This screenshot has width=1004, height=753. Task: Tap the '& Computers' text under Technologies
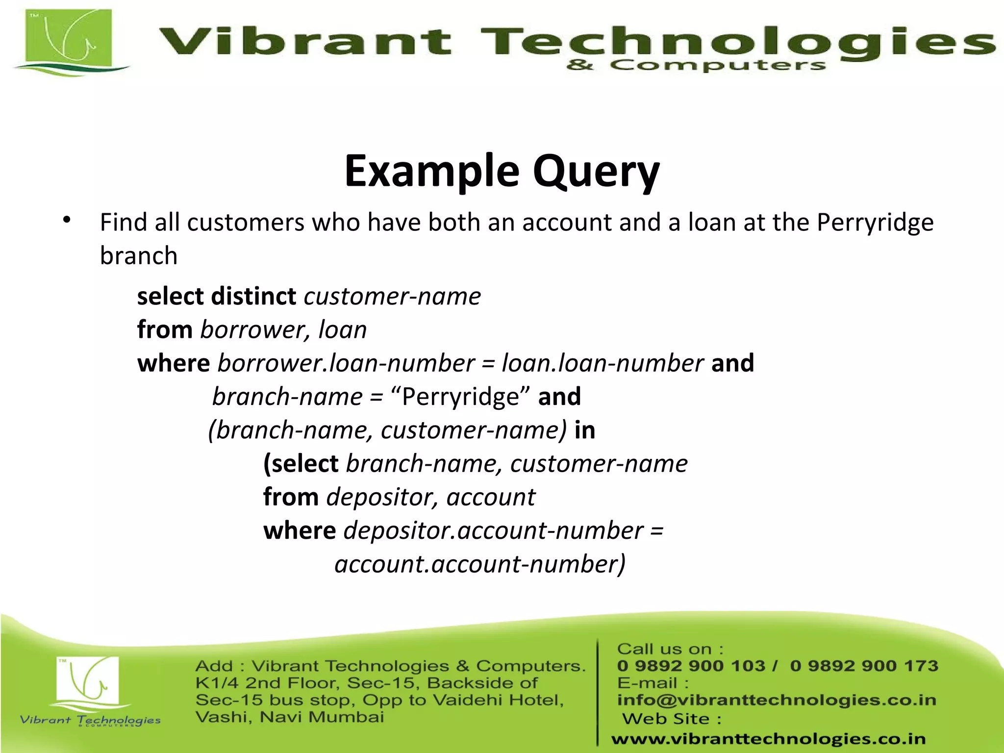696,65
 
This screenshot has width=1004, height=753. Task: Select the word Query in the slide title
596,172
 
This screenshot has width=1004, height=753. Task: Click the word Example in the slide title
431,172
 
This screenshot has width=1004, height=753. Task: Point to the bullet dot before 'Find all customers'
67,220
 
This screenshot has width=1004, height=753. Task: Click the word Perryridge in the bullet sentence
875,223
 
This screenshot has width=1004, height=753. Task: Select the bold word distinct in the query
253,296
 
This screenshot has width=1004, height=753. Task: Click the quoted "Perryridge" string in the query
461,397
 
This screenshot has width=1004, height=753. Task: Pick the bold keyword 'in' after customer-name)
585,430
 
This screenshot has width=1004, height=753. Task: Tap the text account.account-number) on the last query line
480,564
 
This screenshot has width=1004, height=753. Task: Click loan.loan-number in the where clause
602,363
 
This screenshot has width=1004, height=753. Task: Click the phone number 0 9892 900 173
864,666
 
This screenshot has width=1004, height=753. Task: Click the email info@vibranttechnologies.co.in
777,700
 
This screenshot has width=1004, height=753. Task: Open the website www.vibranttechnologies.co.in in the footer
768,739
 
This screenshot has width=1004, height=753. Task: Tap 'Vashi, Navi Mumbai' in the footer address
290,717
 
